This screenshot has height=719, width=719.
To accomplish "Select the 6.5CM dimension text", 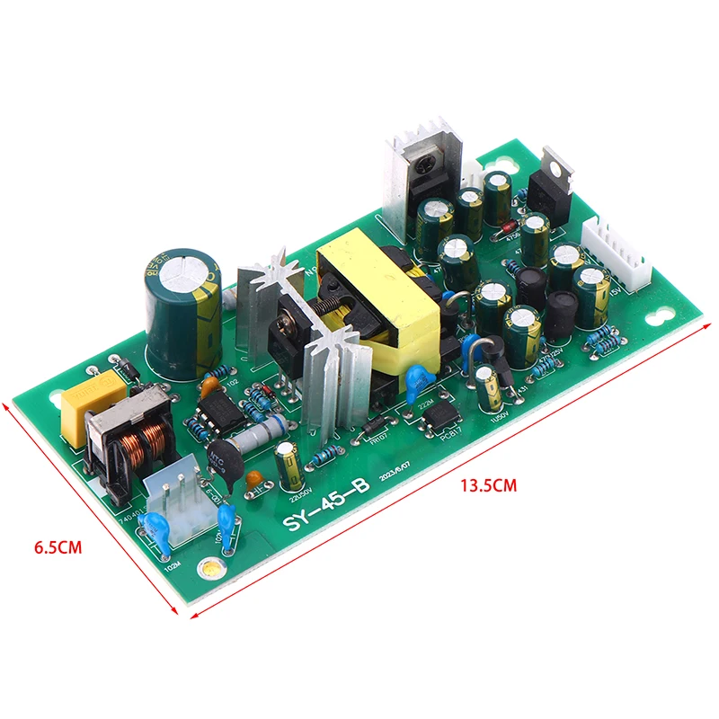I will tap(58, 546).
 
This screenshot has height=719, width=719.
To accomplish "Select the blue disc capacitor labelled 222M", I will tap(414, 381).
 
